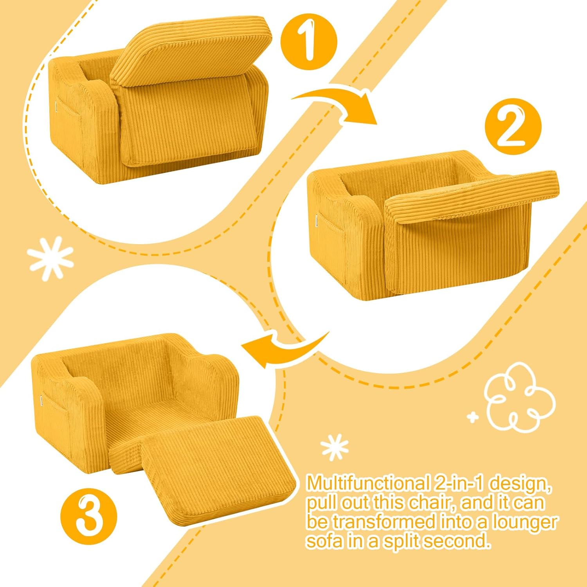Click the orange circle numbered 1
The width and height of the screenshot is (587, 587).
(309, 42)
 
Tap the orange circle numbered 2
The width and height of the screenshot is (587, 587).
(513, 127)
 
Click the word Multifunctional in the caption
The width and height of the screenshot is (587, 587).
(367, 484)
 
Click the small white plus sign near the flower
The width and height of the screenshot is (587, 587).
(473, 418)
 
